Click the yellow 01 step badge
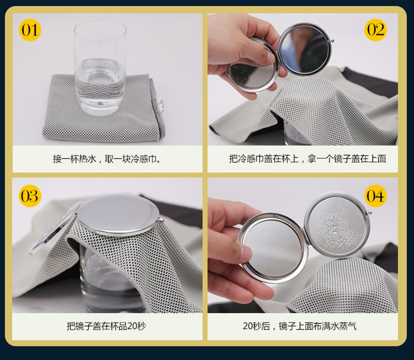[30, 30]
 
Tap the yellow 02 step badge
[376, 30]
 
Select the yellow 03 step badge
[30, 196]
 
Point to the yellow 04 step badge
[376, 196]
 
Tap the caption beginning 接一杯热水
[107, 159]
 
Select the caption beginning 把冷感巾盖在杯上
[307, 159]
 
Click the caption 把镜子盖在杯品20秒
[106, 326]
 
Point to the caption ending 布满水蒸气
[300, 326]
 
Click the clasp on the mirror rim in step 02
[332, 41]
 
